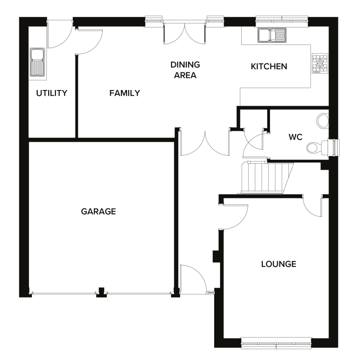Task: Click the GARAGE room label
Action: point(99,211)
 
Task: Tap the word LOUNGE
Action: point(279,264)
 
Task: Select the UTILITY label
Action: point(52,93)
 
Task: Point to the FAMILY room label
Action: point(125,93)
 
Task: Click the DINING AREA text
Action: point(185,70)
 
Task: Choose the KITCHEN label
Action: point(269,67)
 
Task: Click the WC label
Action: point(295,136)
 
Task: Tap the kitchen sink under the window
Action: point(272,35)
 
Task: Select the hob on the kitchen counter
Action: point(320,63)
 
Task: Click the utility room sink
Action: point(37,63)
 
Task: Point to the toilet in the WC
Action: point(316,147)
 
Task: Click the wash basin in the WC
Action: point(323,121)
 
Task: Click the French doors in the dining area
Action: point(185,32)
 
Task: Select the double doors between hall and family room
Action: point(205,143)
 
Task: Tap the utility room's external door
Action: point(59,34)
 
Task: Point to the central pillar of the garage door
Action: point(102,292)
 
